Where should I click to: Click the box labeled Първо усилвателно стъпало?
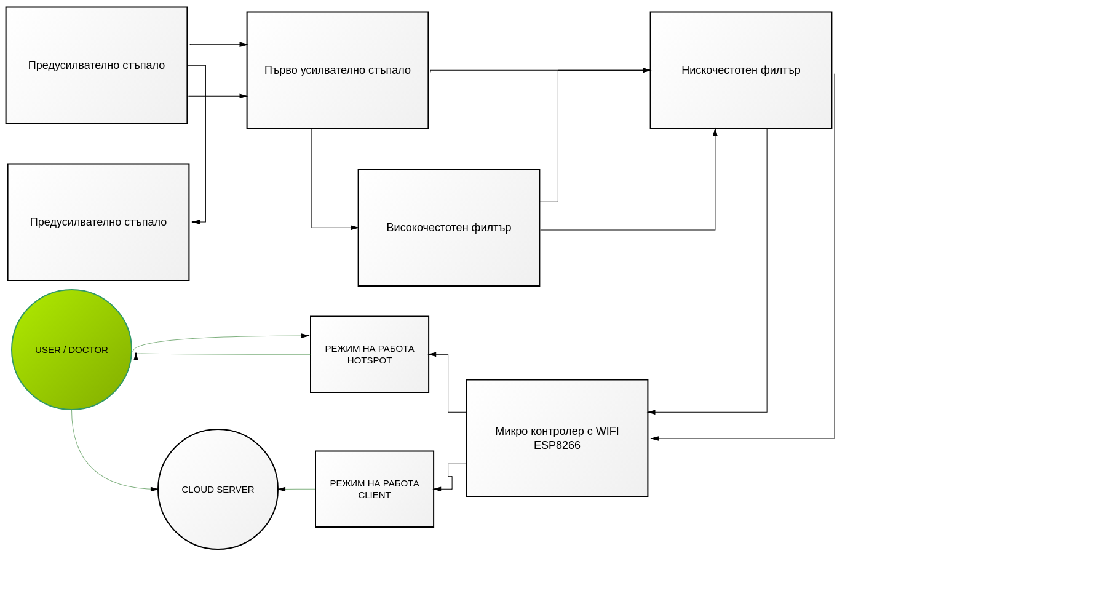coord(338,70)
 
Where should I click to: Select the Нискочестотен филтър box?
coord(741,70)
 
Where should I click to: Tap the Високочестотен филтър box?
coord(449,228)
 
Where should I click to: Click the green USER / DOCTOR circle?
coord(71,349)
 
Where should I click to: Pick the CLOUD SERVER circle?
coord(218,489)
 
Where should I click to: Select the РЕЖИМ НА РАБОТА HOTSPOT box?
coord(370,354)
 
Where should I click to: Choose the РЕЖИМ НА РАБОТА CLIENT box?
coord(375,489)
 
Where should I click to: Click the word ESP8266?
coord(557,445)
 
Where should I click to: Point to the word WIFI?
coord(607,431)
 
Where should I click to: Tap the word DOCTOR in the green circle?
coord(88,350)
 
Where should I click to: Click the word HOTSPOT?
coord(370,360)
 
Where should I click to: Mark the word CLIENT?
coord(375,495)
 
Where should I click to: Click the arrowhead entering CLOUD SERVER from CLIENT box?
coord(282,489)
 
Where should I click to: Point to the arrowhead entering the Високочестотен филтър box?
coord(354,228)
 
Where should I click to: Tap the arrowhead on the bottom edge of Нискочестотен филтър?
coord(715,132)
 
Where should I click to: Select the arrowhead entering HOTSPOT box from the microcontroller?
coord(433,354)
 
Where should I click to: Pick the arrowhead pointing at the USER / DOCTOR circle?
coord(136,356)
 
